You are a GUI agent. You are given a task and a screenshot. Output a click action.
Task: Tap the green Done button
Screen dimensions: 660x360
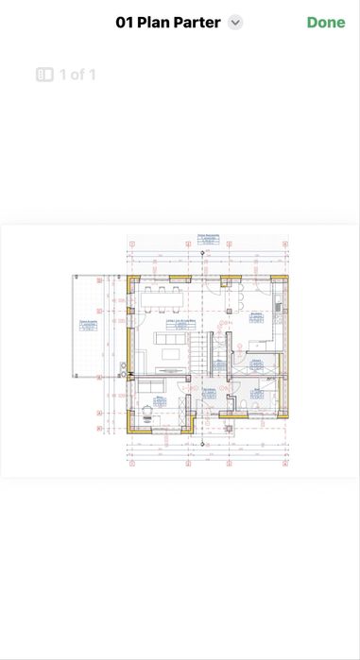point(326,23)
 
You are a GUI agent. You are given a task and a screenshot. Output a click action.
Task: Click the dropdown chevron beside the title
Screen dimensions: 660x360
point(235,23)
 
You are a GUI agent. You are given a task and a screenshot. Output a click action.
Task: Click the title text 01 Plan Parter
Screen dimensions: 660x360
point(168,23)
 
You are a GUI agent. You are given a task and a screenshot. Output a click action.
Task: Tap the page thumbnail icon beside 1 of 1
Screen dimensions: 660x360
point(44,74)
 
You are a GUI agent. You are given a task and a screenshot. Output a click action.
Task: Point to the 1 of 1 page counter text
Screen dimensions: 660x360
point(77,74)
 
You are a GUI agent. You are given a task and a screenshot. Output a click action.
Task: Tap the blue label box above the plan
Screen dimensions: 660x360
point(209,237)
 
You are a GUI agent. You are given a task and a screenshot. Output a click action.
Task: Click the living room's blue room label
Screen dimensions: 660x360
point(180,323)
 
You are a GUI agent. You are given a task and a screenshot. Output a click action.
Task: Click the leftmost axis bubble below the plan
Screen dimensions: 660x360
point(132,465)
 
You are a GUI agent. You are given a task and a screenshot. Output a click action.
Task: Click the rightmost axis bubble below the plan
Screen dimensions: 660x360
point(284,465)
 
